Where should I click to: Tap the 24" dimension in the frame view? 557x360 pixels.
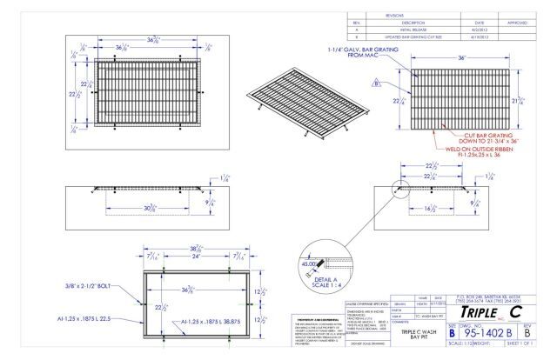197,258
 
